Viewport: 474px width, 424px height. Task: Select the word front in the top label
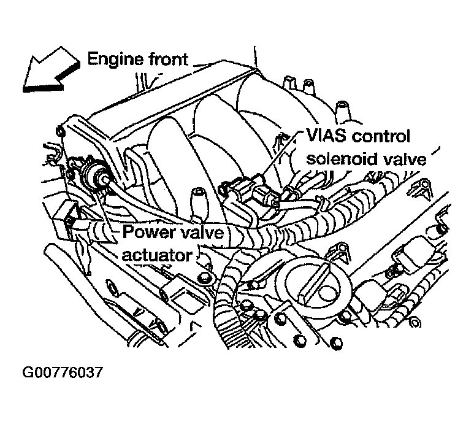pyautogui.click(x=166, y=60)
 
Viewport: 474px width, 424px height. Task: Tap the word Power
pyautogui.click(x=150, y=233)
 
